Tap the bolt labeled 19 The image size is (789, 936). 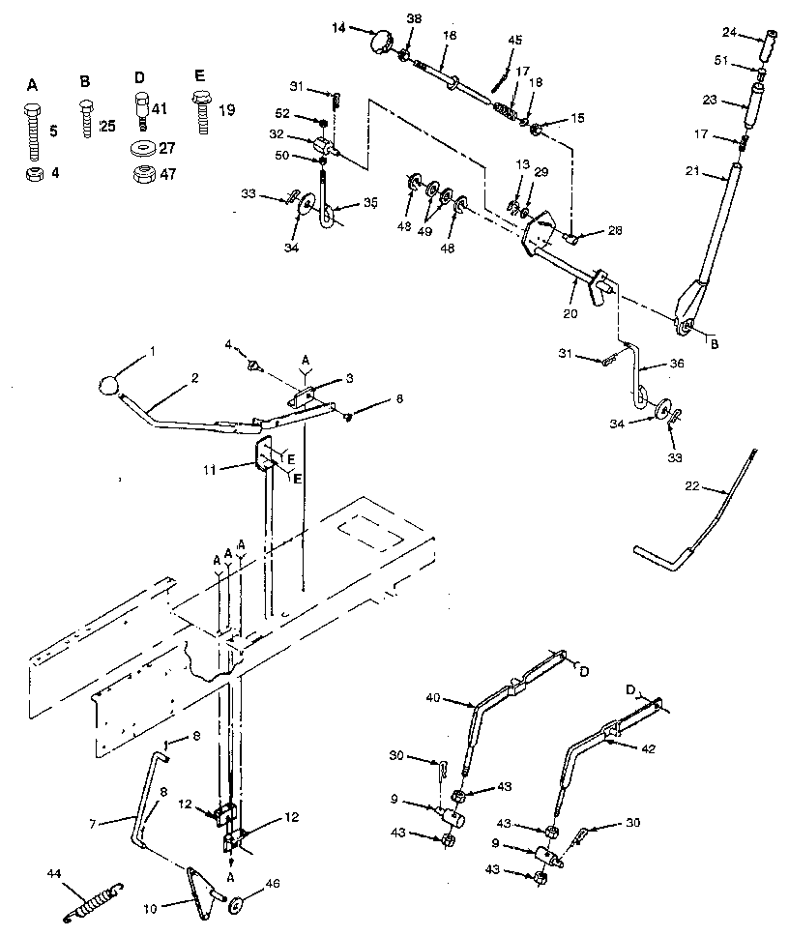pyautogui.click(x=203, y=113)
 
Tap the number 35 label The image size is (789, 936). pyautogui.click(x=372, y=205)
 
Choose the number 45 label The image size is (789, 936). pyautogui.click(x=515, y=40)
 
